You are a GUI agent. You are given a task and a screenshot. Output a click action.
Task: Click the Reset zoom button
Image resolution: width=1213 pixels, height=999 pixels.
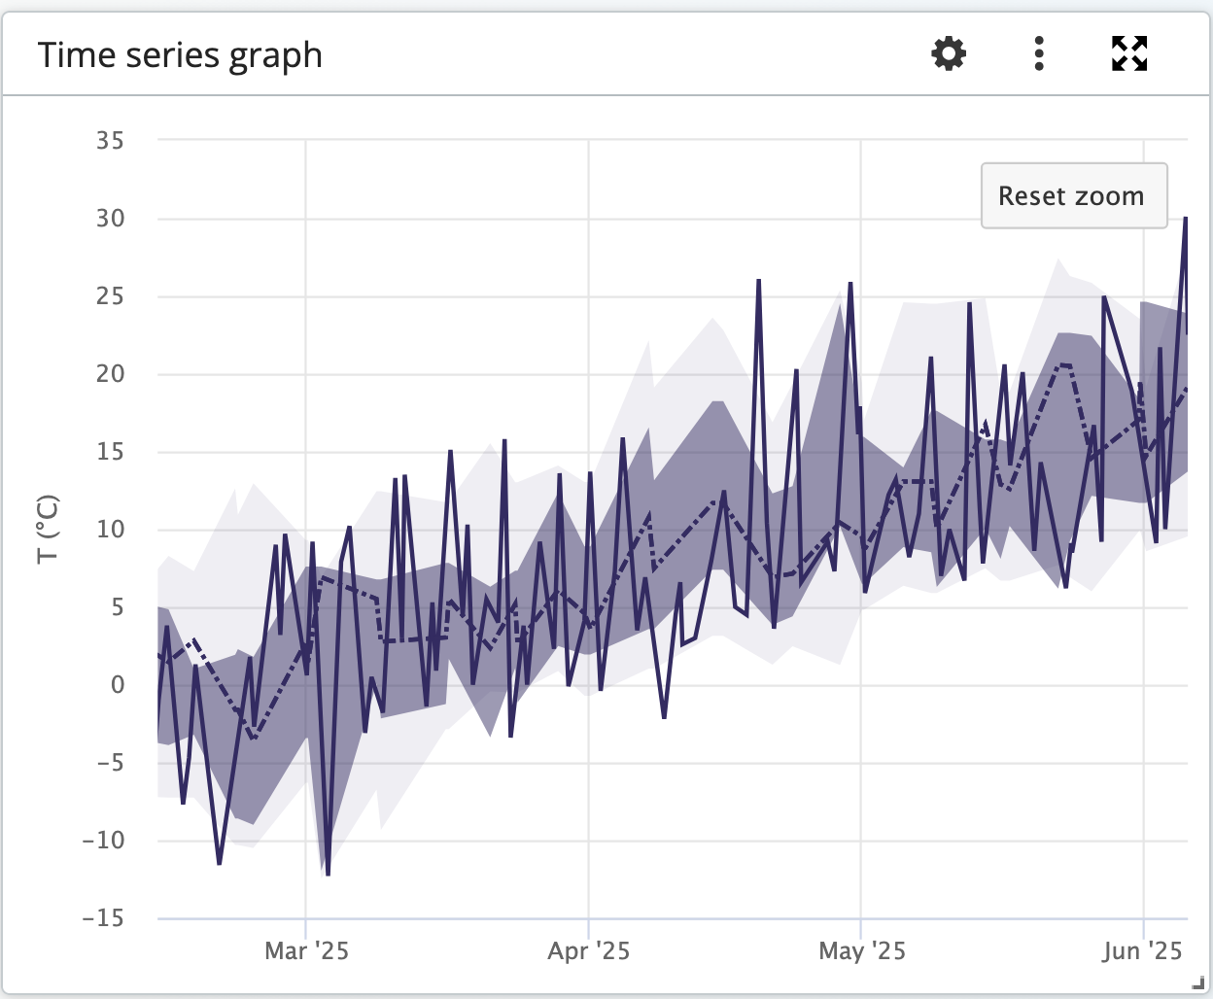1073,196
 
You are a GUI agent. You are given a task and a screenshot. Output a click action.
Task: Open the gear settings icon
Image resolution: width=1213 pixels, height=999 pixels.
949,53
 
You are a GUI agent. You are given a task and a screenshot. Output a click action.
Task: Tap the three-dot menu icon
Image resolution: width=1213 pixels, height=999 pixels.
1039,53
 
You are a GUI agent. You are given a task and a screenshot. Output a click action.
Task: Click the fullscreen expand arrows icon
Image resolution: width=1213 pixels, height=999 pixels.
1129,53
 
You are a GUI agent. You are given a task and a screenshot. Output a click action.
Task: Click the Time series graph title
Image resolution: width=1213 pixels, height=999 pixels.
180,55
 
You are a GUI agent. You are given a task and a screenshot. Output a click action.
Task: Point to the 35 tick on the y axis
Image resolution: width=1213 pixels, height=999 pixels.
110,141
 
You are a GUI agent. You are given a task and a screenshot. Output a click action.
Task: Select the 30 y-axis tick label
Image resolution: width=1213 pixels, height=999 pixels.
110,219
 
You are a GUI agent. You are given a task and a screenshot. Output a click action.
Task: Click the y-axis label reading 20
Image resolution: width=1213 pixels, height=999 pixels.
110,374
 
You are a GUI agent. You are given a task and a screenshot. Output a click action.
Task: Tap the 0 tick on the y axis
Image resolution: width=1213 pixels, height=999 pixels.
118,685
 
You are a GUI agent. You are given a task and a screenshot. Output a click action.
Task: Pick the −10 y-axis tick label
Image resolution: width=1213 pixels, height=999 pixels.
104,841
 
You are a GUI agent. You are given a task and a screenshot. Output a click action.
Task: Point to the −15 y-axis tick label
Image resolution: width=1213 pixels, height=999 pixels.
104,918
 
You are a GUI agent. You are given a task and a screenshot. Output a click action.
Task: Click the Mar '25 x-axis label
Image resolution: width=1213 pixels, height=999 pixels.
306,950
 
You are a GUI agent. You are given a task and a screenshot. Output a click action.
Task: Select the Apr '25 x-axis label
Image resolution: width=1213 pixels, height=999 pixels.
588,950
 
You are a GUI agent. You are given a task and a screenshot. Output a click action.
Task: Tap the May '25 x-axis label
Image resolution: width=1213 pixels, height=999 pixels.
861,950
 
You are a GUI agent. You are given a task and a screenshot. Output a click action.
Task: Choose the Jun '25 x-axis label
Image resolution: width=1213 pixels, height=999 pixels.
1142,950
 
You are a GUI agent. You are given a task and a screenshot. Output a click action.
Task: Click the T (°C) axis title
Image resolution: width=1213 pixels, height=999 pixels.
48,530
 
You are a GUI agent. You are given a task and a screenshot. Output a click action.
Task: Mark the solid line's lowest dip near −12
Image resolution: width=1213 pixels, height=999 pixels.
329,874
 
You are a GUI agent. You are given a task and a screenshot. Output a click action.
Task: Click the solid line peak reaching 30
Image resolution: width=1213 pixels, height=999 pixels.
1185,220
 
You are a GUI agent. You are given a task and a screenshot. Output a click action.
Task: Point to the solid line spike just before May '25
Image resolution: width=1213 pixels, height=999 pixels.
850,284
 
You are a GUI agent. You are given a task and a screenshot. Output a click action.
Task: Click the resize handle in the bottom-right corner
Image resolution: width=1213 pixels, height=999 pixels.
1198,984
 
